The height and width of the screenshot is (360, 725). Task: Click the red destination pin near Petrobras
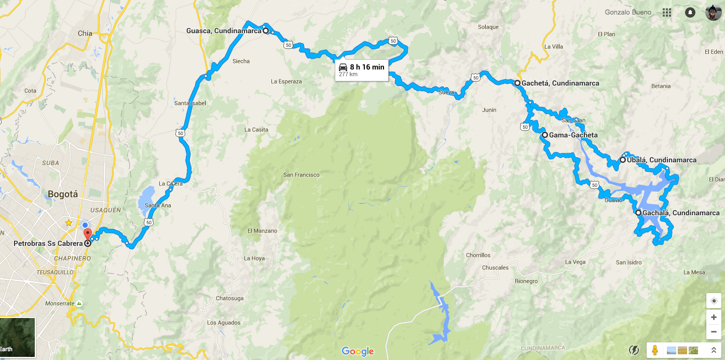point(87,234)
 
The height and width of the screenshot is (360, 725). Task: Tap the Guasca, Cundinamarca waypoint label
point(224,31)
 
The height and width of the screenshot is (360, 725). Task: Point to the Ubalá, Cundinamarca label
point(662,160)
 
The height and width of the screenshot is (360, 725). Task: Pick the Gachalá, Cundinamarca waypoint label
point(681,213)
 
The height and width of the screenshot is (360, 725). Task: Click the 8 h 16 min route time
point(367,67)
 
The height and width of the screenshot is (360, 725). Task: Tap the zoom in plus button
point(714,317)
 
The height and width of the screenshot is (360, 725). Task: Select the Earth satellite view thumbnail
point(18,338)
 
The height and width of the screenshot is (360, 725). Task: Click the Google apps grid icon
point(667,12)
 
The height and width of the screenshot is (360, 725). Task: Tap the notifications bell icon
point(690,12)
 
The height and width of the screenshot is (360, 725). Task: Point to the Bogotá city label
point(62,195)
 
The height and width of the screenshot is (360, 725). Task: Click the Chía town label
point(85,33)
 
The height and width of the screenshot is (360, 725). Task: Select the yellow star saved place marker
point(69,223)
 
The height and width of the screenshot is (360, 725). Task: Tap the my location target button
point(714,301)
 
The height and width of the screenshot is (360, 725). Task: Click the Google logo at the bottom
point(358,351)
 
